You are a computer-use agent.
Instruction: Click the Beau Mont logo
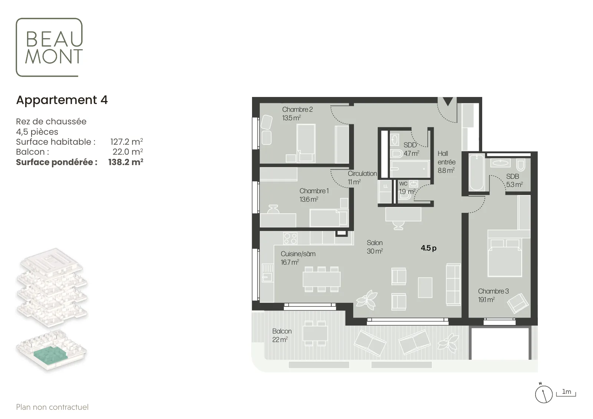coord(49,47)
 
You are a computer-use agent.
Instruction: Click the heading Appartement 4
coord(62,100)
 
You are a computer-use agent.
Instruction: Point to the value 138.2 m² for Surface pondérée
coord(126,162)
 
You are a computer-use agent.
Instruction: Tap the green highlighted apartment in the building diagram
coord(50,356)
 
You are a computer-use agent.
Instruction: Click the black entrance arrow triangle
coord(448,102)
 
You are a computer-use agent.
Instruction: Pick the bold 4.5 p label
coord(428,248)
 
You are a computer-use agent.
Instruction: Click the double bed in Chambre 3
coord(505,258)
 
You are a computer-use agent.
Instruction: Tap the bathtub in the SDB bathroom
coord(477,172)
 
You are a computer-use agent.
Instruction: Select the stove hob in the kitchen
coord(290,238)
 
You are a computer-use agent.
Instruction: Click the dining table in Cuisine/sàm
coord(321,279)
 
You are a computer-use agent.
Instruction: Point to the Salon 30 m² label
coord(375,247)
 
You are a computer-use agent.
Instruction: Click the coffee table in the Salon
coord(425,287)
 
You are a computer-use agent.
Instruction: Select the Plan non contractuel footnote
coord(52,407)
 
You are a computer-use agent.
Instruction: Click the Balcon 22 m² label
coord(282,335)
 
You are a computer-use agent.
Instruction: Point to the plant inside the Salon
coord(367,300)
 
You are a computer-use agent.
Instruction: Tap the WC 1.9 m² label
coord(407,187)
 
